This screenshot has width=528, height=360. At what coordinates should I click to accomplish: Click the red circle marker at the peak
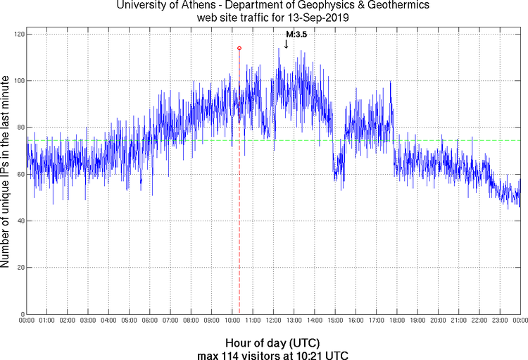coord(239,48)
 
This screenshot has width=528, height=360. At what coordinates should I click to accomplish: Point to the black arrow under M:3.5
coord(286,44)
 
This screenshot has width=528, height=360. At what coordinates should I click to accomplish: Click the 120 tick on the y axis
coord(18,35)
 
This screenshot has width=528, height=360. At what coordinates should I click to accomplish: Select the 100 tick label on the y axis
coord(18,81)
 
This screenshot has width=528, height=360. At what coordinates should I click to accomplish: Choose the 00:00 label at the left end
coord(27,321)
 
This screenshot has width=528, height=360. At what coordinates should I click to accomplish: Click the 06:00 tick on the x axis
coord(150,321)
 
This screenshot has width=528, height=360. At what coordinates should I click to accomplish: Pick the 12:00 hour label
coord(273,321)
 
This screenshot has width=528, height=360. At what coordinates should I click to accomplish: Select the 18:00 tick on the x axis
coord(396,321)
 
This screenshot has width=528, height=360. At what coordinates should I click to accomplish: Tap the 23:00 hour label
coord(499,321)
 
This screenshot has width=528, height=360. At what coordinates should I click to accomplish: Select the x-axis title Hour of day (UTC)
coord(273,343)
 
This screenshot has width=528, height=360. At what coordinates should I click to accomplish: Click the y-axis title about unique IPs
coord(6,173)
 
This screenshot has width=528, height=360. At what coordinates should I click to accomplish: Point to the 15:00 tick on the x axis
coord(335,321)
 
